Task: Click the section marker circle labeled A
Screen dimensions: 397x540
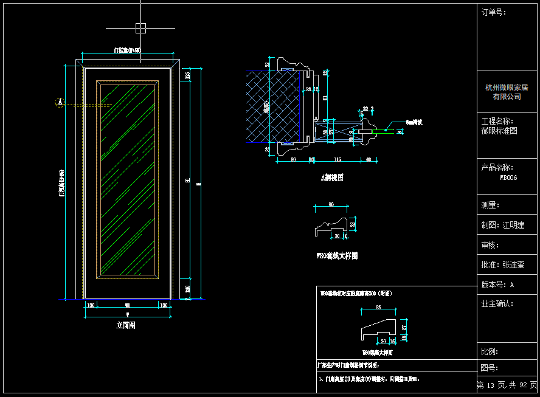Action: tap(60, 102)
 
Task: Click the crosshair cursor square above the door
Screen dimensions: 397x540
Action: tap(140, 27)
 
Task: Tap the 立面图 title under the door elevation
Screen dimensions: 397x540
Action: tap(126, 325)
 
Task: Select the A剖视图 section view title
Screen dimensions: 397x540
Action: tap(333, 178)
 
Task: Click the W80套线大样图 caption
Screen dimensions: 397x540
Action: tap(337, 256)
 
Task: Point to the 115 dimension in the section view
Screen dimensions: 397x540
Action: tap(337, 159)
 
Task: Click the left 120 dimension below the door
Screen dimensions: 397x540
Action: tap(91, 305)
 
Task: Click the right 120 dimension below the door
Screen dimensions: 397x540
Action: tap(164, 305)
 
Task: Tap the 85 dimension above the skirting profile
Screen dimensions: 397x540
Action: tap(378, 307)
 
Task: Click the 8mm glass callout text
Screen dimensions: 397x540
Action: tap(414, 122)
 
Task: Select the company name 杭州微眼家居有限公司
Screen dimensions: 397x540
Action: tap(507, 92)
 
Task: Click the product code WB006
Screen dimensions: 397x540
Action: tap(508, 178)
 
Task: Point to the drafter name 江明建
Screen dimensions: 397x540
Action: tap(513, 225)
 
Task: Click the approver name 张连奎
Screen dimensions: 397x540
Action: tap(513, 265)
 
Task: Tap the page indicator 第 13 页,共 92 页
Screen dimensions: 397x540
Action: tap(507, 385)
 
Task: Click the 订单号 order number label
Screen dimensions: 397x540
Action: tap(494, 12)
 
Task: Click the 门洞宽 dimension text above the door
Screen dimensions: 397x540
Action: tap(128, 50)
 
